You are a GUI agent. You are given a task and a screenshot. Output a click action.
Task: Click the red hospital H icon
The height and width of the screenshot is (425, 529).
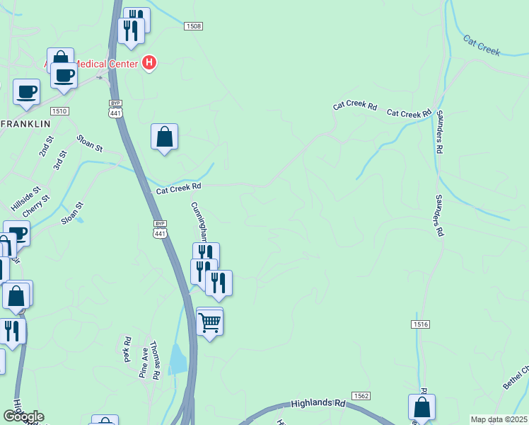[149, 63]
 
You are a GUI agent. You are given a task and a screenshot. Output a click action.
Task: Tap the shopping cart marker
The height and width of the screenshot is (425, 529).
[209, 322]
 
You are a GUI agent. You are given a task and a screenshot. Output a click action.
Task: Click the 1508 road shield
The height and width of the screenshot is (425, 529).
[193, 26]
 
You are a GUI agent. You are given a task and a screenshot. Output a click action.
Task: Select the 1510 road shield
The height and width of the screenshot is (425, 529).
[59, 111]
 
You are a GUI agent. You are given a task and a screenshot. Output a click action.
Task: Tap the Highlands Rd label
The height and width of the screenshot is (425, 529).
[318, 403]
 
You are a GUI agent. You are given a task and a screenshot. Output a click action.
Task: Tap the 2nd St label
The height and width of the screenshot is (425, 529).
[45, 149]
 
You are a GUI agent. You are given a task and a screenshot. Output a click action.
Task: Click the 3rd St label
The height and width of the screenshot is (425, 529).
[59, 160]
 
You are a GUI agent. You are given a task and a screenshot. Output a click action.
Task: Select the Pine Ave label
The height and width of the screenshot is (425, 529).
[145, 362]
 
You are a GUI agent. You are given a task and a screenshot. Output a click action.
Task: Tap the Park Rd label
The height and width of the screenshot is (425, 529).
[128, 349]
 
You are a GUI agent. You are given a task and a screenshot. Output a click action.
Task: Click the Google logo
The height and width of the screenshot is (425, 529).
[23, 416]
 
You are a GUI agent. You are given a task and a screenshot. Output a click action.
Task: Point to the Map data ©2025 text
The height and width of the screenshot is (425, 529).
[498, 419]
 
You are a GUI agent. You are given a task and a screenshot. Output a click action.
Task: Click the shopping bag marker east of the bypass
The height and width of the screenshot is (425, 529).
[164, 137]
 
